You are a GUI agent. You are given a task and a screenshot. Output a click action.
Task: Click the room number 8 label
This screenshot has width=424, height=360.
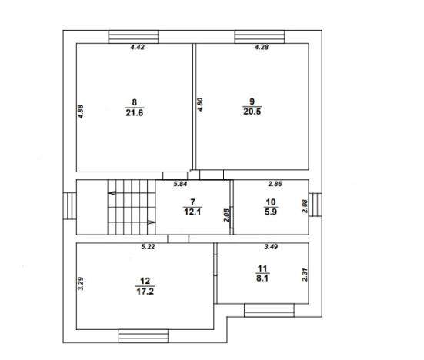pyautogui.click(x=135, y=102)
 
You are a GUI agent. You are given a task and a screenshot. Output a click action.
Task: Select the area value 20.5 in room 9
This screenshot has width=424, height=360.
pyautogui.click(x=252, y=112)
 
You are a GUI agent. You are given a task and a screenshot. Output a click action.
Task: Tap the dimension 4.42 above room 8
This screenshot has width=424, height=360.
pyautogui.click(x=138, y=47)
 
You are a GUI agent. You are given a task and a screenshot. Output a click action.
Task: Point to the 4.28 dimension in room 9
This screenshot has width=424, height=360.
pyautogui.click(x=262, y=47)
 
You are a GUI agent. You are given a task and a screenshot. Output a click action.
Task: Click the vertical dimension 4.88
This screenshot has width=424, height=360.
pyautogui.click(x=81, y=112)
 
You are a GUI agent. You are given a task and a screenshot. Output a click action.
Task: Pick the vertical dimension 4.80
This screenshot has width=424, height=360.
pyautogui.click(x=200, y=105)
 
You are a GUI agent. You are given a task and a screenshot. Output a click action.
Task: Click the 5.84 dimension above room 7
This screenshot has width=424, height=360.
pyautogui.click(x=180, y=184)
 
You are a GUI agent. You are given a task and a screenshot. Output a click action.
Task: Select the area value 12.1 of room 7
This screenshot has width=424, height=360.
pyautogui.click(x=192, y=212)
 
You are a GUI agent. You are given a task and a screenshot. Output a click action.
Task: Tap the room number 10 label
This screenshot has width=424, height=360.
pyautogui.click(x=271, y=202)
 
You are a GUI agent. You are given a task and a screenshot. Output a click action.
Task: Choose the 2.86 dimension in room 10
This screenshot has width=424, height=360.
pyautogui.click(x=275, y=184)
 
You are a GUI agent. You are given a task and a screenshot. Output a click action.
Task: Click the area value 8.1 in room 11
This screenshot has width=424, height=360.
pyautogui.click(x=262, y=278)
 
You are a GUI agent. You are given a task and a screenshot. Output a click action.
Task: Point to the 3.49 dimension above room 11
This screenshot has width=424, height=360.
pyautogui.click(x=271, y=246)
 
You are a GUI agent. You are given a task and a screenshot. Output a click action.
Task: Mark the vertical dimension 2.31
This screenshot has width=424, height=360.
pyautogui.click(x=305, y=275)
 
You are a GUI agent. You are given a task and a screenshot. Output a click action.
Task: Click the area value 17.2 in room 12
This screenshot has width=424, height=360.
pyautogui.click(x=145, y=292)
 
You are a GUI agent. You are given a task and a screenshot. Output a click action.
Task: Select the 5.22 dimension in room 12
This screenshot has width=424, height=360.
pyautogui.click(x=148, y=246)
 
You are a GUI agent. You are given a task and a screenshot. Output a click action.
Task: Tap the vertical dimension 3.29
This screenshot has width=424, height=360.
pyautogui.click(x=81, y=284)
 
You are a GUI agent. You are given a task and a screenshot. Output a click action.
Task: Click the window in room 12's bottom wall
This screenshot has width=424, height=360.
pyautogui.click(x=143, y=336)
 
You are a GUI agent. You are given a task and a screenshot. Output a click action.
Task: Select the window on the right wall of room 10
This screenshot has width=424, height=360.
pyautogui.click(x=315, y=205)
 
